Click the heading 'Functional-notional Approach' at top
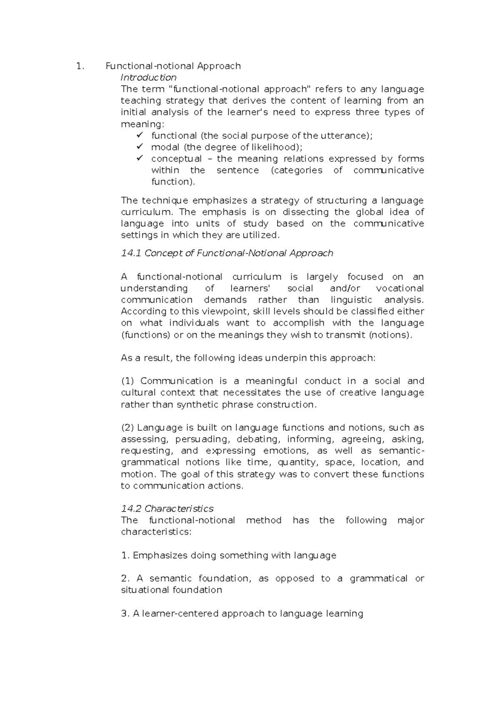[x=173, y=66]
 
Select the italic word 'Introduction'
[x=148, y=78]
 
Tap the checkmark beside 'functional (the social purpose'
[x=140, y=135]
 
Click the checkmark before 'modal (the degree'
[x=140, y=147]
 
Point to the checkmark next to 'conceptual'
[x=140, y=158]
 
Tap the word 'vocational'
[x=400, y=289]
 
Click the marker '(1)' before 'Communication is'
[x=127, y=381]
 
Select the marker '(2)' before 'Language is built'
[x=127, y=428]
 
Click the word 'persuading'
[x=202, y=439]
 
